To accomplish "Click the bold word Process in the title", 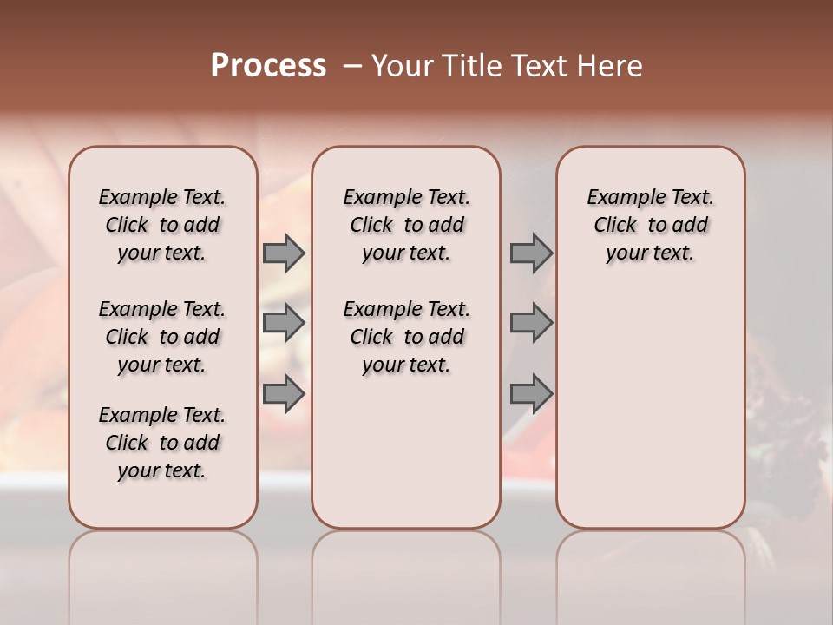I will pos(268,66).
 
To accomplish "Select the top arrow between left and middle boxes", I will pos(283,253).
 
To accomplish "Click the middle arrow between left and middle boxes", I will pos(283,323).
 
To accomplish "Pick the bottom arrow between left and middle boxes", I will pos(283,394).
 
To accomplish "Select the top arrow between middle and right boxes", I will pos(531,253).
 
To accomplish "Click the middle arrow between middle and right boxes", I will pos(531,323).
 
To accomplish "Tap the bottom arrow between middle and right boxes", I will pos(531,394).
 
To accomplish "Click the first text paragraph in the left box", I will pos(162,225).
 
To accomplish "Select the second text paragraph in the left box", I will pos(162,337).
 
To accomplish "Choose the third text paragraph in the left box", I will pos(162,443).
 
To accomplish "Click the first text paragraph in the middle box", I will pos(406,225).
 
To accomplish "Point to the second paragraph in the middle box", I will pos(406,337).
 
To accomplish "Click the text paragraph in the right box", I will pos(650,225).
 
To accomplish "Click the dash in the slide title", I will pos(352,66).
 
